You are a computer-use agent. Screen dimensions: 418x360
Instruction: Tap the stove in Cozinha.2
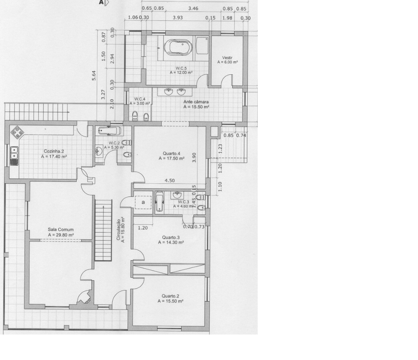(x=18, y=132)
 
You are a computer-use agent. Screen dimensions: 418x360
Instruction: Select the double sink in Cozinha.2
(x=14, y=156)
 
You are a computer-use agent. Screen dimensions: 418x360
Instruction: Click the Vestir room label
(x=227, y=57)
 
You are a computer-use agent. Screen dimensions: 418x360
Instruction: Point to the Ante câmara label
(x=196, y=102)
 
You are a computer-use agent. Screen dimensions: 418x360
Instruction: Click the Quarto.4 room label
(x=172, y=153)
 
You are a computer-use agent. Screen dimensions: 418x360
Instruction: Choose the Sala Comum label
(x=61, y=229)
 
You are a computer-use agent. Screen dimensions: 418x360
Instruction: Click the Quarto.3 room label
(x=171, y=237)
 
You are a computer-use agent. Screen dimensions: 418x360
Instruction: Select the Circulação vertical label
(x=118, y=230)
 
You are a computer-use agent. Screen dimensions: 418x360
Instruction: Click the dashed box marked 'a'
(x=143, y=202)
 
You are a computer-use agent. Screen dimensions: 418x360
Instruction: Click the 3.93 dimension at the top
(x=178, y=18)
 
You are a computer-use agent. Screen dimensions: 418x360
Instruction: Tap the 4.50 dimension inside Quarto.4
(x=170, y=181)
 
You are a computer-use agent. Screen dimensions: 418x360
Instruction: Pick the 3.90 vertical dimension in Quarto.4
(x=194, y=158)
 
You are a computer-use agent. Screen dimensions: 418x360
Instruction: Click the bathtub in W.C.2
(x=110, y=131)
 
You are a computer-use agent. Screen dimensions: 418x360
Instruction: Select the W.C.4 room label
(x=140, y=99)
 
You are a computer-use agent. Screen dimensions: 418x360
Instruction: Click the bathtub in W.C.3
(x=159, y=202)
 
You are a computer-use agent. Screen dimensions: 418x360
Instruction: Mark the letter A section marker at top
(x=101, y=2)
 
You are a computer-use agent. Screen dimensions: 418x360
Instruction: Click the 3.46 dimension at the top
(x=193, y=8)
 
